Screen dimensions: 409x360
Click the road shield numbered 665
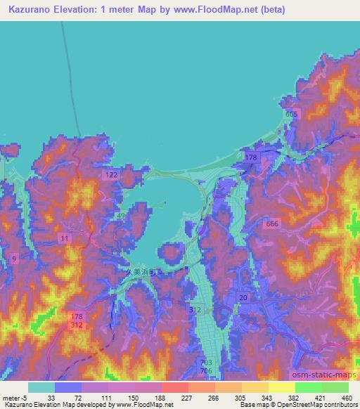tap(292, 114)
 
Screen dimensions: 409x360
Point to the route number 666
tap(273, 223)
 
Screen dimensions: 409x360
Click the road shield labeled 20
tap(242, 299)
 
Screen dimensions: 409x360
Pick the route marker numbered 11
tap(65, 240)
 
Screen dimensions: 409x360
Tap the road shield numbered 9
tap(15, 259)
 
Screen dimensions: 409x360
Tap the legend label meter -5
tap(16, 398)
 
